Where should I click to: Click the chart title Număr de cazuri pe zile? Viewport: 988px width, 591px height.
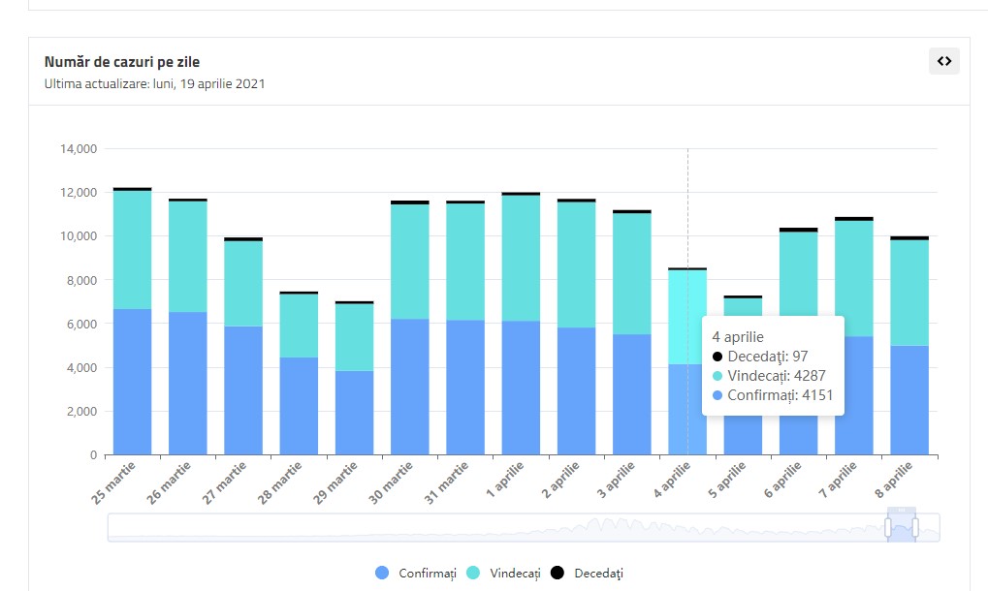(122, 62)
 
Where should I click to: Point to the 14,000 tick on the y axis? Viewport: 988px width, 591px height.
(79, 149)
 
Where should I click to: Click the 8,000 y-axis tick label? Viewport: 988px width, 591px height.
(81, 280)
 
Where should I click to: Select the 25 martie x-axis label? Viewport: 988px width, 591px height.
(114, 482)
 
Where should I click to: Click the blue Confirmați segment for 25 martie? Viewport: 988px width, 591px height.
(132, 382)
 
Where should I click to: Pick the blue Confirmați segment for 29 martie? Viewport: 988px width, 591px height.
(354, 413)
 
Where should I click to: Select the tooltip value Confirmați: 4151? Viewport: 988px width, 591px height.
(773, 395)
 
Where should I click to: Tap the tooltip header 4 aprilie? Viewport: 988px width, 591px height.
(738, 337)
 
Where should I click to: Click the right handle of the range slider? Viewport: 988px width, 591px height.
(914, 528)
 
